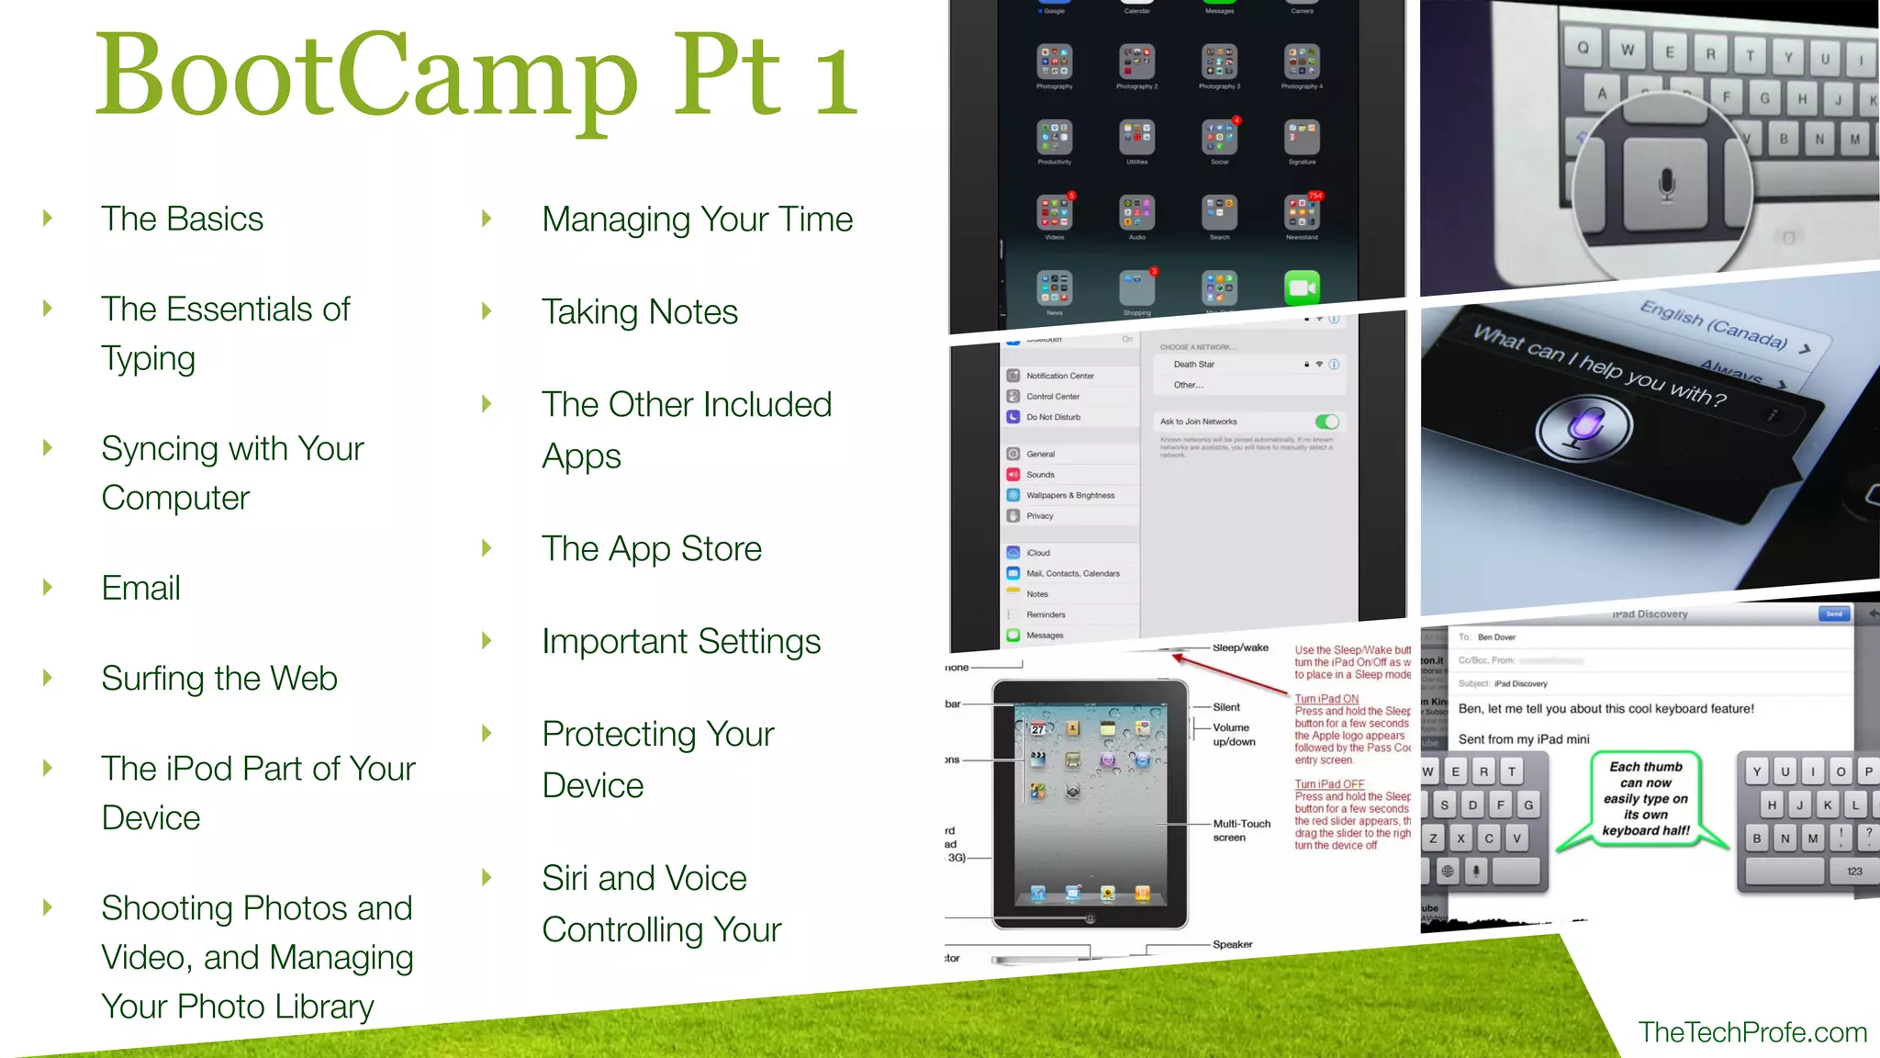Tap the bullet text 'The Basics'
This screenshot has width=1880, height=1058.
coord(182,219)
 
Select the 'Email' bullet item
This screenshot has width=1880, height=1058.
coord(140,588)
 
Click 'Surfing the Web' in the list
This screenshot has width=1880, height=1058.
coord(219,679)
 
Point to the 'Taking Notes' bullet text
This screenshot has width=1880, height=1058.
coord(640,312)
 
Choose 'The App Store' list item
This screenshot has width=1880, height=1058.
coord(652,549)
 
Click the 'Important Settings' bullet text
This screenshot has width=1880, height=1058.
coord(681,642)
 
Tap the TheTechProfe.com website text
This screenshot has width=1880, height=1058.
coord(1752,1032)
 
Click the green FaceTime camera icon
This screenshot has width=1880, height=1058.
coord(1302,287)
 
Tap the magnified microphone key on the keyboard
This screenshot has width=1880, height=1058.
coord(1667,184)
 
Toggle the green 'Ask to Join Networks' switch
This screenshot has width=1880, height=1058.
coord(1326,422)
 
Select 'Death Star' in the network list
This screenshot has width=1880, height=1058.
coord(1193,365)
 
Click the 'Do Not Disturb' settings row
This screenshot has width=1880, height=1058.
coord(1053,417)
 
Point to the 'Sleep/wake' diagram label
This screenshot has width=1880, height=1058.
coord(1240,647)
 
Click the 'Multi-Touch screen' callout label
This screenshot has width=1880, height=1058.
coord(1241,830)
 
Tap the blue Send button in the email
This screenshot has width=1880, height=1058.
coord(1833,613)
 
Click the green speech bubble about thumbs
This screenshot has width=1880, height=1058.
coord(1646,798)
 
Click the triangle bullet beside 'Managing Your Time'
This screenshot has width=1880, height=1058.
coord(487,219)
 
